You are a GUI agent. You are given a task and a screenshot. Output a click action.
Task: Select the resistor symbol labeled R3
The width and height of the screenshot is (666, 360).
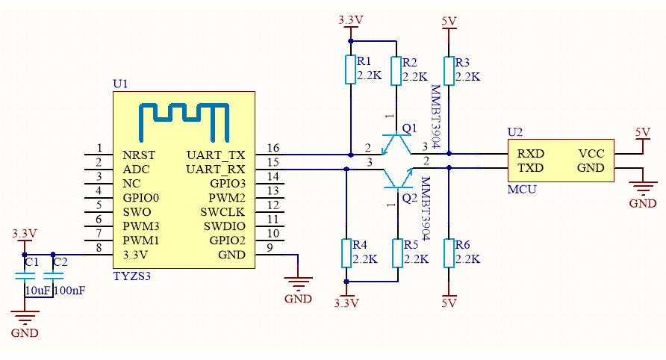click(449, 70)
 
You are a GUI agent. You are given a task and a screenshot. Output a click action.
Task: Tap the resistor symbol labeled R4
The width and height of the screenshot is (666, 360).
click(346, 252)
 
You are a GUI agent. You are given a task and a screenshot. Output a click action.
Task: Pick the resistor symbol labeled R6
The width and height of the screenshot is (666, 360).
click(449, 252)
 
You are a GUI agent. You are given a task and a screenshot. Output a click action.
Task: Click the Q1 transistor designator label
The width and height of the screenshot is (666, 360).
click(409, 128)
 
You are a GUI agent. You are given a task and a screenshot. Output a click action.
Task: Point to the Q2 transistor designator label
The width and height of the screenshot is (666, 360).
click(409, 198)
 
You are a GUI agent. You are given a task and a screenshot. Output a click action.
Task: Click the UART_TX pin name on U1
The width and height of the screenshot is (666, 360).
click(217, 155)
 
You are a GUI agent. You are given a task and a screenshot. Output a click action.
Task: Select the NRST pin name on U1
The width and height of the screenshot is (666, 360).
click(139, 155)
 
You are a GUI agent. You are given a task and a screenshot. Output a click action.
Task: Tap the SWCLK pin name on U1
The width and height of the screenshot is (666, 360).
click(224, 211)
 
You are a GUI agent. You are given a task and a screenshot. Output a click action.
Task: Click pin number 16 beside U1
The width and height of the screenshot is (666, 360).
click(273, 148)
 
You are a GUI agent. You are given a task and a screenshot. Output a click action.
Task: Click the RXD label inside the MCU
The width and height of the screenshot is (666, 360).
click(530, 154)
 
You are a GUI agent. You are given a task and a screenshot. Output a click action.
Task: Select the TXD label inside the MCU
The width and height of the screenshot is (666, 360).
click(530, 168)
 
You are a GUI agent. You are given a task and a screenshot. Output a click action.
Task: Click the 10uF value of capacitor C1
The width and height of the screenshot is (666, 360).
click(37, 290)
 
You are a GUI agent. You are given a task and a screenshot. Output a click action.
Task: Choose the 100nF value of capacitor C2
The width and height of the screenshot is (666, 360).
click(69, 290)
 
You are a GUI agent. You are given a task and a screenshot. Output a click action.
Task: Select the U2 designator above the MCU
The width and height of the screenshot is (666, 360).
click(515, 132)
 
